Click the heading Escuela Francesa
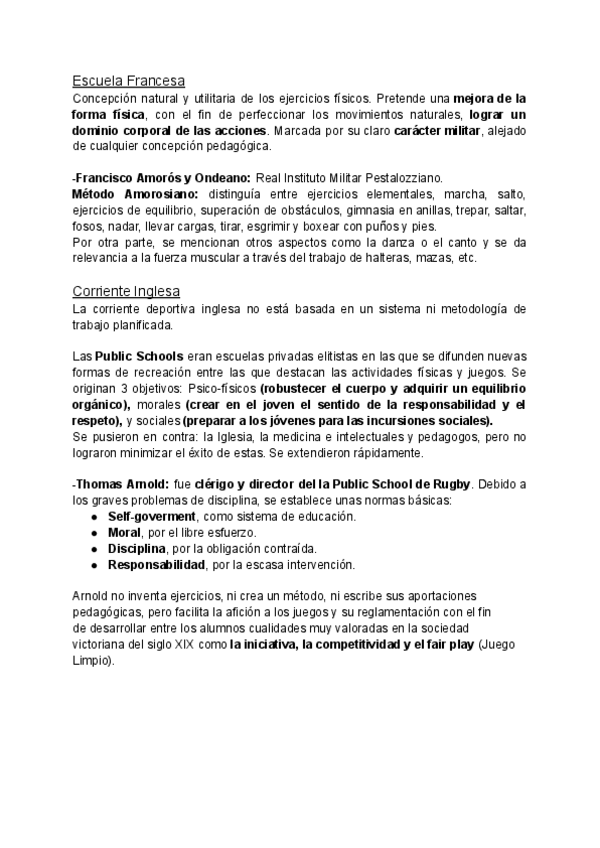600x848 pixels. point(129,81)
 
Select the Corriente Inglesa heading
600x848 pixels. point(126,291)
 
